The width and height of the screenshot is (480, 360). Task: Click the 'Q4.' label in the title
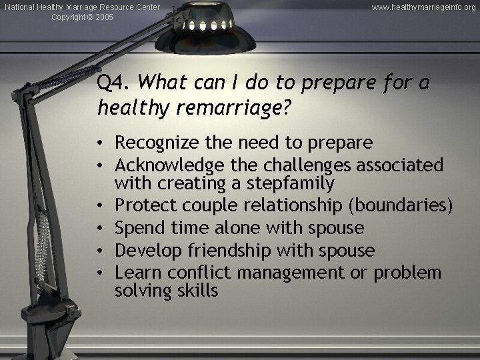coord(114,84)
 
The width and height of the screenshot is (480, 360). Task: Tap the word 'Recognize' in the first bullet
coord(152,142)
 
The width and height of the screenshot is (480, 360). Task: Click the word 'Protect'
coord(141,206)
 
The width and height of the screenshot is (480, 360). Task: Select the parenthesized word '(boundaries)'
coord(406,206)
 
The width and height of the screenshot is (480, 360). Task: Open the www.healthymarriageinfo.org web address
coord(423,7)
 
